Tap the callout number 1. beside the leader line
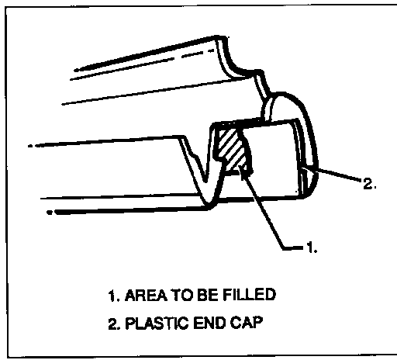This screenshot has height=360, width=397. (312, 247)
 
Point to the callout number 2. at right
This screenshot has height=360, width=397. (369, 184)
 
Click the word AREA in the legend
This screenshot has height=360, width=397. (146, 296)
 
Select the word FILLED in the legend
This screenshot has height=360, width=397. (249, 295)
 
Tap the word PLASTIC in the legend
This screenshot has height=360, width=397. (157, 323)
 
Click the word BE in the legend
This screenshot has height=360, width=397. (207, 295)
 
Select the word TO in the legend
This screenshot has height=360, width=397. (182, 295)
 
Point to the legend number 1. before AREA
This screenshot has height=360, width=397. (114, 296)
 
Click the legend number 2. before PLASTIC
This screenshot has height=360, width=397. (114, 324)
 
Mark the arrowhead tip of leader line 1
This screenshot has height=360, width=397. (240, 166)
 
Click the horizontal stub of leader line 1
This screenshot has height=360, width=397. (293, 248)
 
